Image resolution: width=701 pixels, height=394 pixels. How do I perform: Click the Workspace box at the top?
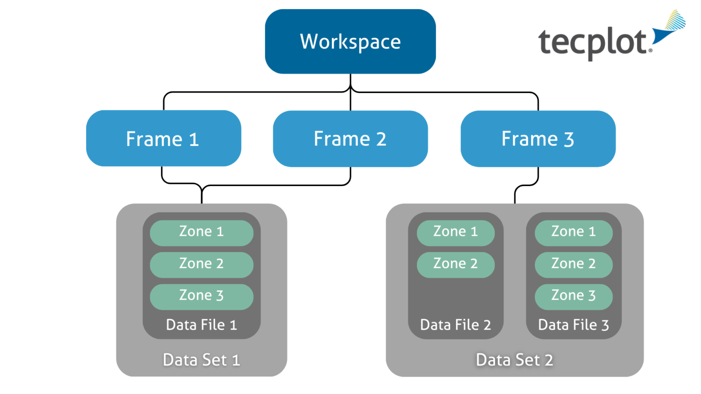350,41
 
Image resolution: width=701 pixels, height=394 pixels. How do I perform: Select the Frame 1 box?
163,139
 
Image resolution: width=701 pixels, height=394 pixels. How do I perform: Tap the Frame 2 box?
350,139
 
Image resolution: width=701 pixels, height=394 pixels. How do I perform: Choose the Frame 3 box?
538,139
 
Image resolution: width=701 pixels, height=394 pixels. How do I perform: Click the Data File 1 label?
201,325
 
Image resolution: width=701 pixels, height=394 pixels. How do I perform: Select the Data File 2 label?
455,325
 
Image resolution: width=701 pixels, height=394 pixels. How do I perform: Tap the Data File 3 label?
573,325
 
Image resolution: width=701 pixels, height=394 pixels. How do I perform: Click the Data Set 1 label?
201,360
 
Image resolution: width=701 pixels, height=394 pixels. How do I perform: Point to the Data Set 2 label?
514,360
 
